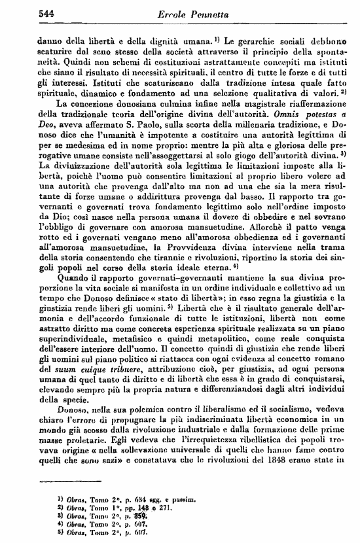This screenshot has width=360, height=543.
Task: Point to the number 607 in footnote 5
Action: [x=136, y=531]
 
